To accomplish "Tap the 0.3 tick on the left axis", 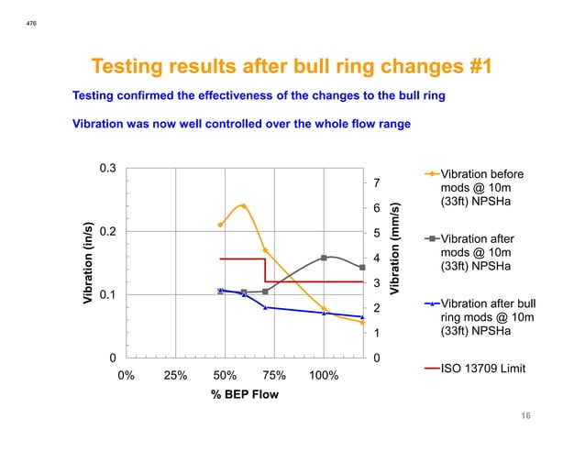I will click(x=107, y=169).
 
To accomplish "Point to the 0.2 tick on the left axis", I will click(x=107, y=232).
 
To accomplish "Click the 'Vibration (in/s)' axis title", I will click(x=88, y=263).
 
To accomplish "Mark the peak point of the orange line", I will click(x=243, y=205).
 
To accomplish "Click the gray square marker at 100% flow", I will click(x=324, y=258).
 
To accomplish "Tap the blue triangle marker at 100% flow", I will click(x=324, y=313).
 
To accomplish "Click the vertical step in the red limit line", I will click(x=265, y=270).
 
